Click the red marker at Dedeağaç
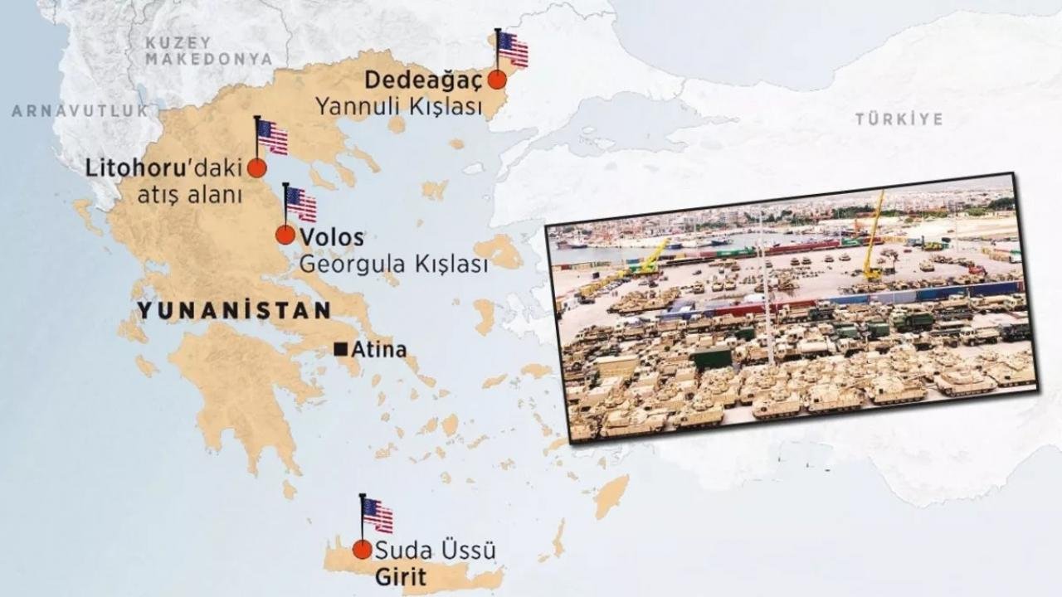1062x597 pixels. point(497,80)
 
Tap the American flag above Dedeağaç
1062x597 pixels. point(513,49)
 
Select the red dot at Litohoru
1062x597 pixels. point(257,168)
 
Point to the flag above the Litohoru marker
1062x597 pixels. point(272,138)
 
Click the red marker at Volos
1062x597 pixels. point(285,235)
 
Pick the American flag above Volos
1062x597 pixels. point(301,204)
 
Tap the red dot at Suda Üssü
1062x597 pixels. point(362,549)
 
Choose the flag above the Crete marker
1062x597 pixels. point(378,515)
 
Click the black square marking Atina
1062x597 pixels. point(340,350)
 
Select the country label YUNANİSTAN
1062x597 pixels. point(234,310)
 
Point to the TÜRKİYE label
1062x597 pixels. point(899,119)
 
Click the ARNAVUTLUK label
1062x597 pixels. point(80,110)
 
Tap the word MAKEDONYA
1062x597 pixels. point(208,60)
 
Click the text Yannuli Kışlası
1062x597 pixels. point(399,106)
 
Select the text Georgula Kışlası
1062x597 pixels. point(393,265)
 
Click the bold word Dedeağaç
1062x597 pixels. point(423,80)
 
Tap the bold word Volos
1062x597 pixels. point(332,237)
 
